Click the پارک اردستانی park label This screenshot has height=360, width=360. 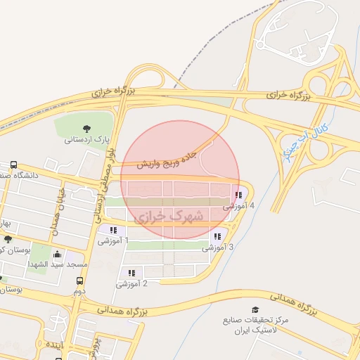click(86, 139)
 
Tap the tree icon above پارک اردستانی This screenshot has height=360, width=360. click(86, 128)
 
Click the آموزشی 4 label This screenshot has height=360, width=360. click(238, 207)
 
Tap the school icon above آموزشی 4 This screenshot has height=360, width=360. click(238, 195)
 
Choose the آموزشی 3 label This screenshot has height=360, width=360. click(218, 247)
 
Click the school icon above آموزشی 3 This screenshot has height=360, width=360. click(217, 236)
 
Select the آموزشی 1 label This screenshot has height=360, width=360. click(113, 241)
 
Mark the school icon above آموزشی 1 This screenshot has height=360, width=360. click(113, 230)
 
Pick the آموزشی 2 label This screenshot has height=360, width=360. click(131, 284)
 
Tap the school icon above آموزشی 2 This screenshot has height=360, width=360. click(131, 273)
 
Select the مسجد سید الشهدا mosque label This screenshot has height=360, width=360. click(57, 264)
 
